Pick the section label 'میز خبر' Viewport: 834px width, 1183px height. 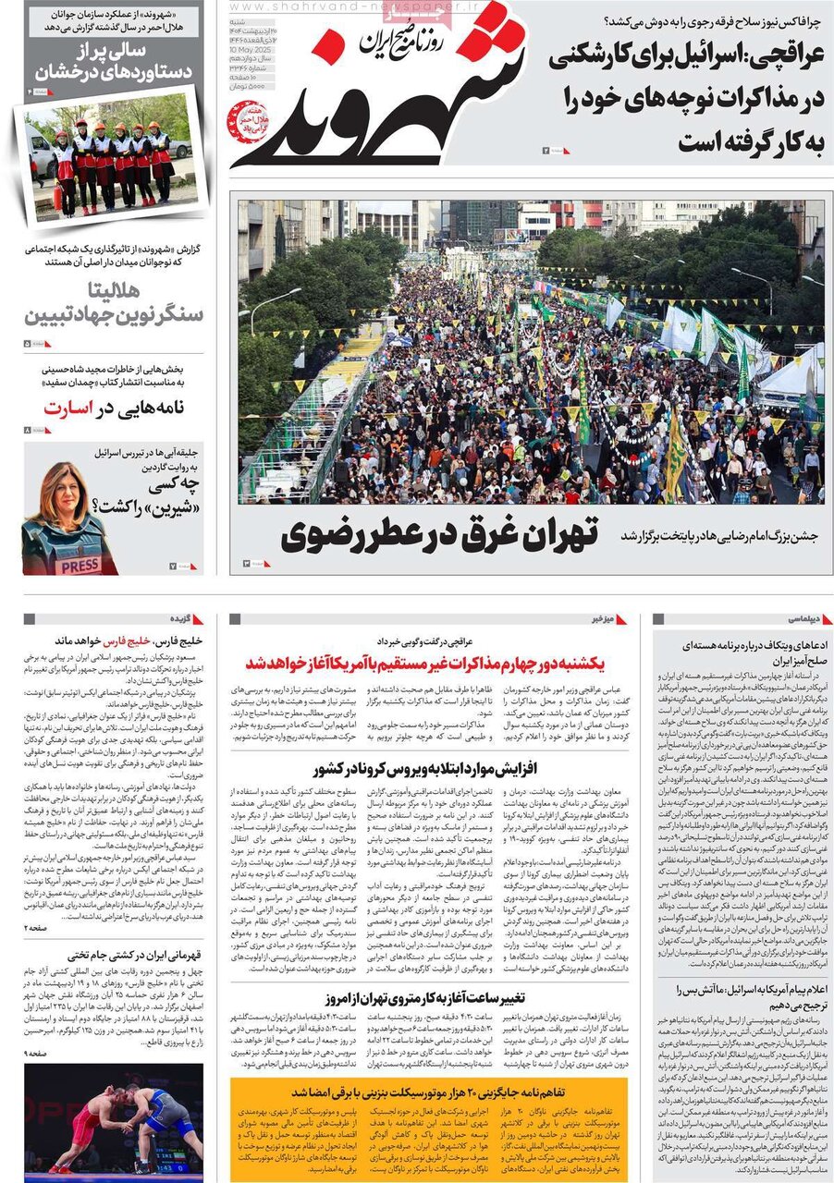point(598,618)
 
